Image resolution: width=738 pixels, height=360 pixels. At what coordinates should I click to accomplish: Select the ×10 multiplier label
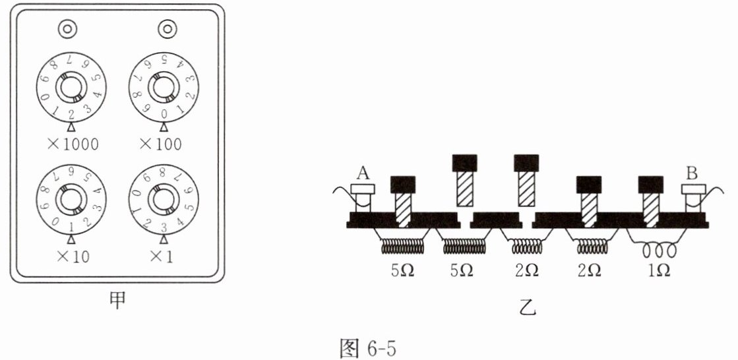click(71, 256)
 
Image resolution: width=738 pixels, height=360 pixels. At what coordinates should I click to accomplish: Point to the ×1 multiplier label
click(162, 256)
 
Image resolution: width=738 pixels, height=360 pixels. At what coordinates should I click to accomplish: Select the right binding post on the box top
click(167, 29)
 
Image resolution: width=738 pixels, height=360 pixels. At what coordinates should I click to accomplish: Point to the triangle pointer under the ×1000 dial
click(71, 128)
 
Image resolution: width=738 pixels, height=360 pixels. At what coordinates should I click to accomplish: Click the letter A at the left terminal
click(362, 173)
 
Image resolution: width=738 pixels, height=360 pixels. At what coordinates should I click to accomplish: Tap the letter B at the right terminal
click(692, 173)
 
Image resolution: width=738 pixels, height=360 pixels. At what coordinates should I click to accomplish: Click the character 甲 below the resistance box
click(117, 302)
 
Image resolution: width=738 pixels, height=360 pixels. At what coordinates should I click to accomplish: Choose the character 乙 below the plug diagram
click(528, 308)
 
